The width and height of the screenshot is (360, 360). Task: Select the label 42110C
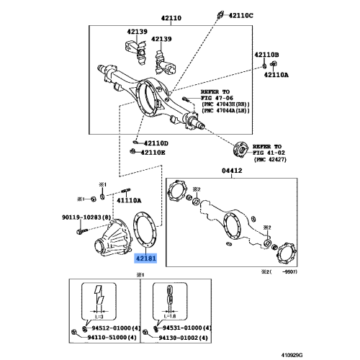242,15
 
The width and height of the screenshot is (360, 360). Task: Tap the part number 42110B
266,54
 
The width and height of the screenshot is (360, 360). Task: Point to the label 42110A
276,74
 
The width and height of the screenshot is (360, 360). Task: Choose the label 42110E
153,153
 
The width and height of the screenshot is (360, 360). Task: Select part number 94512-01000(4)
109,328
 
